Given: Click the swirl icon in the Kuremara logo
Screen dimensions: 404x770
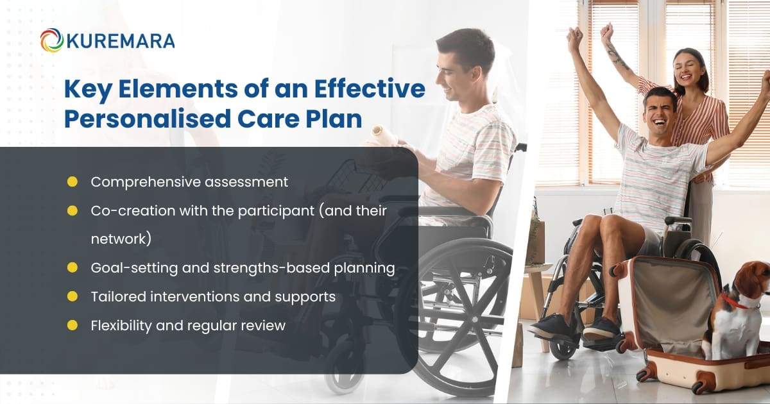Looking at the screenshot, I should coord(51,40).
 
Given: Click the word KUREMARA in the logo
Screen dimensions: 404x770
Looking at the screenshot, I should coord(120,41).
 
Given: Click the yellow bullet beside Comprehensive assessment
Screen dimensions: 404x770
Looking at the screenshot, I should coord(73,181).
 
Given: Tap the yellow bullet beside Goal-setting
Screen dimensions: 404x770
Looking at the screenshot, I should coord(73,268).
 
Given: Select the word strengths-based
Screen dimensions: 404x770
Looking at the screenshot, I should coord(253,268).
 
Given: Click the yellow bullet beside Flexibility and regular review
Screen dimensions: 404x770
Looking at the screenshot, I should coord(73,325).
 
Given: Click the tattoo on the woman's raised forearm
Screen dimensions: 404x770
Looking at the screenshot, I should coord(618,58).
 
